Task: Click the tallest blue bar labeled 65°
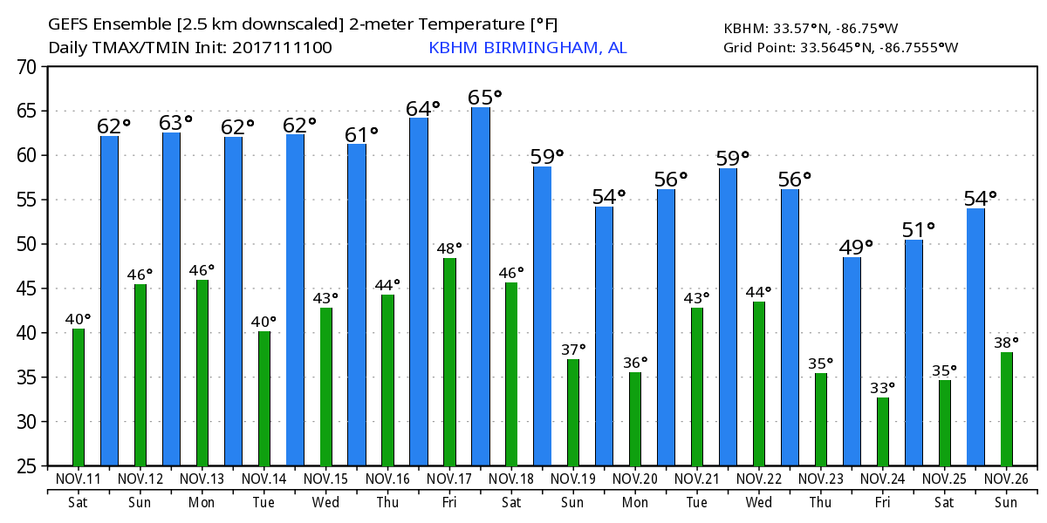click(x=481, y=287)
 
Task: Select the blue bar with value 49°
click(x=852, y=361)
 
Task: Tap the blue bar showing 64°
click(x=419, y=291)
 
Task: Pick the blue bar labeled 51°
click(x=914, y=352)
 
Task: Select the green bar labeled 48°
click(x=449, y=362)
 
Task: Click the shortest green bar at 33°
click(x=883, y=431)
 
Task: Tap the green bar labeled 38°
click(x=1007, y=409)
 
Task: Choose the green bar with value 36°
click(x=635, y=419)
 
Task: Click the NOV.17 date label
click(x=449, y=479)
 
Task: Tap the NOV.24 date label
click(x=883, y=479)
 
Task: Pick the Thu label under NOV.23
click(x=821, y=502)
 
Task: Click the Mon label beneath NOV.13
click(x=202, y=502)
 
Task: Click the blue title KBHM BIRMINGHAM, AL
click(x=527, y=48)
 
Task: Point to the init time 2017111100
click(x=282, y=48)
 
